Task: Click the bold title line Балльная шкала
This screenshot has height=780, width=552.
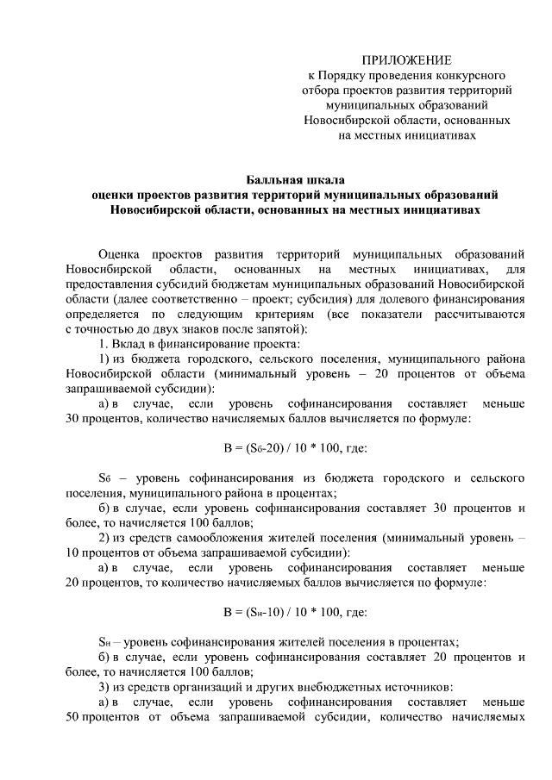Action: [294, 180]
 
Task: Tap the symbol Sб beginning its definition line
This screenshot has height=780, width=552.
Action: [105, 477]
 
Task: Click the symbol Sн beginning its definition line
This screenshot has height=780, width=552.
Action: [105, 642]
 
